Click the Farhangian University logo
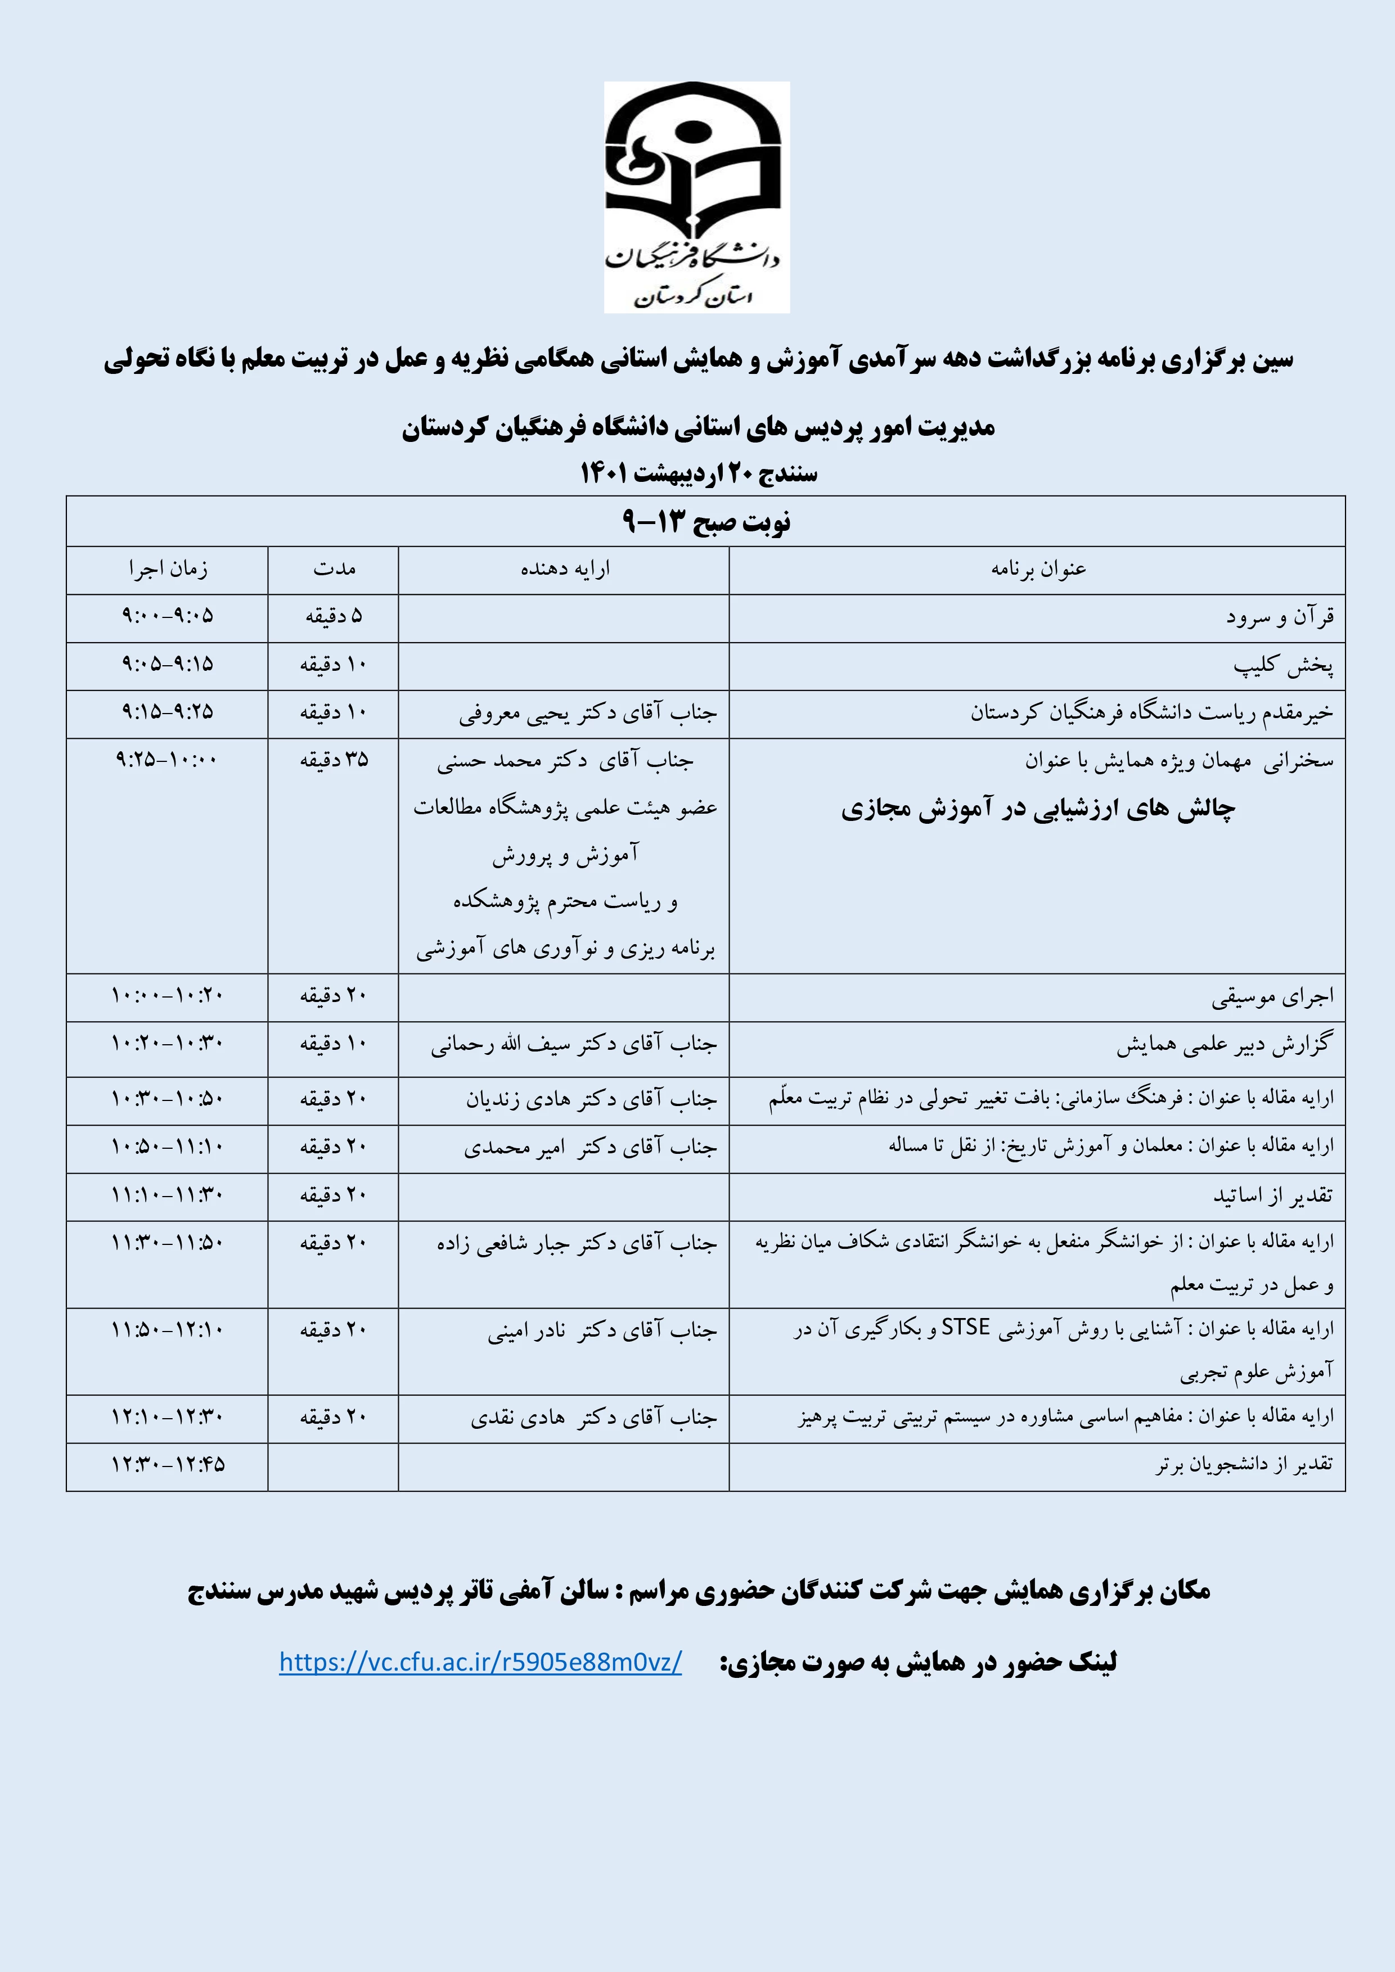coord(696,197)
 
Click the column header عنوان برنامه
coord(1038,570)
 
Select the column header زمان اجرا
coord(168,570)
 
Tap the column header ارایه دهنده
coord(564,570)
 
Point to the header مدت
coord(334,570)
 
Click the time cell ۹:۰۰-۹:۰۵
coord(168,617)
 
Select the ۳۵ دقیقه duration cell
coord(334,760)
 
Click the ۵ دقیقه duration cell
coord(334,617)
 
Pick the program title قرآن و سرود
coord(1279,617)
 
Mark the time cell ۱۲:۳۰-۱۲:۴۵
coord(168,1464)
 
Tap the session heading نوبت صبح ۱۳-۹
coord(705,521)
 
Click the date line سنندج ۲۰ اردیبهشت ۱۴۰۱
coord(699,473)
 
